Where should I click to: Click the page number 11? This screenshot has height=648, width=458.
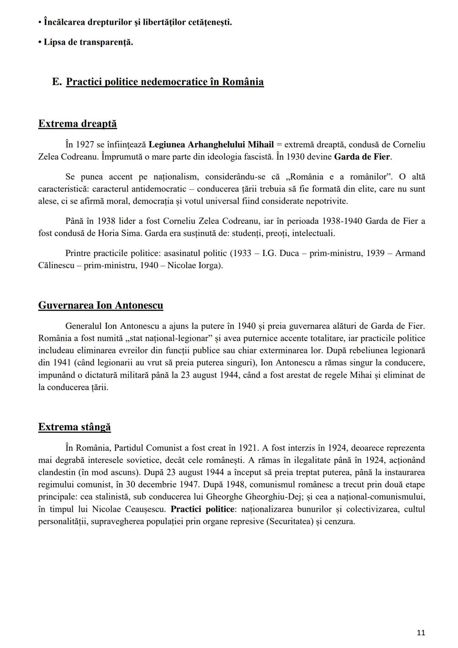click(421, 633)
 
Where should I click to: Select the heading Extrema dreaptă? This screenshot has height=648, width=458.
click(77, 123)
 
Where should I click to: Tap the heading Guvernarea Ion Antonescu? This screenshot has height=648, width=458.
click(101, 305)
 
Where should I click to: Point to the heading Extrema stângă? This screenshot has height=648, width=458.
click(74, 426)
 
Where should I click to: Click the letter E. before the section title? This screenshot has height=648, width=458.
click(57, 81)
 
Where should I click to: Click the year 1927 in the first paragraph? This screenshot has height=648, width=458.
click(86, 144)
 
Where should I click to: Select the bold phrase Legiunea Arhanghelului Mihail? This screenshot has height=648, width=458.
click(211, 144)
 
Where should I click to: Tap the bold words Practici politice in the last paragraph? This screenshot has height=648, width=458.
click(202, 509)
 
